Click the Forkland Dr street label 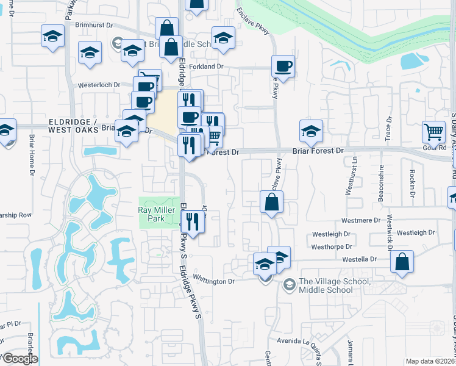pyautogui.click(x=208, y=66)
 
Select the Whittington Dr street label pyautogui.click(x=213, y=281)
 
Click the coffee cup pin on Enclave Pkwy pyautogui.click(x=283, y=66)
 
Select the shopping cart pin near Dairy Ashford pyautogui.click(x=433, y=131)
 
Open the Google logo pyautogui.click(x=20, y=358)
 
